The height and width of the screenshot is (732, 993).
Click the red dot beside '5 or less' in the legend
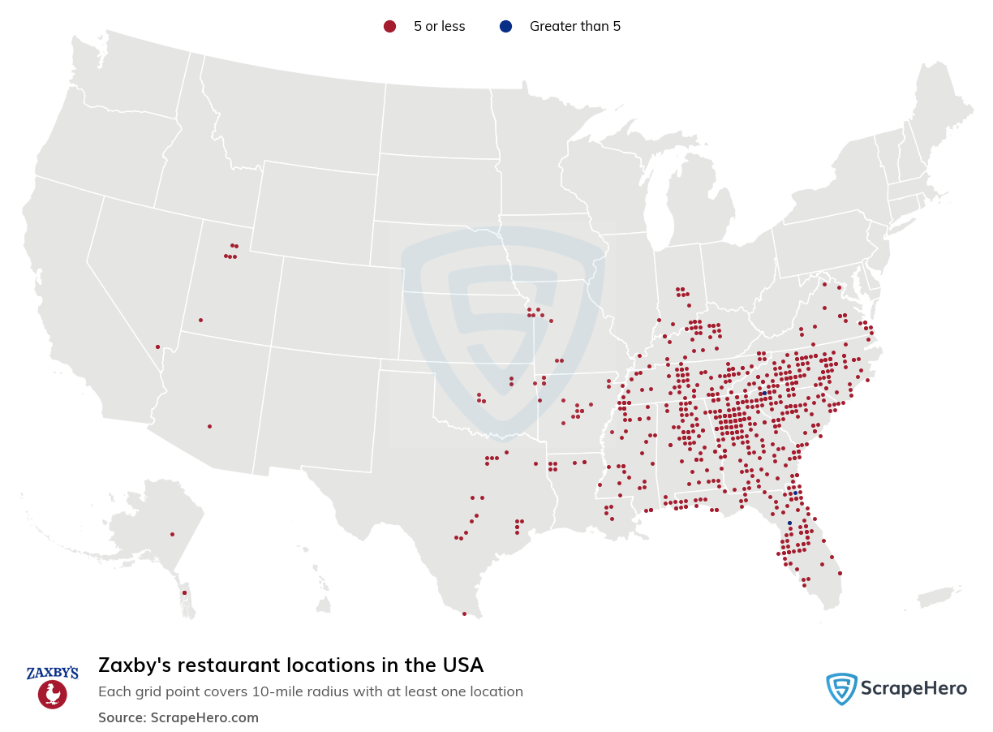point(389,27)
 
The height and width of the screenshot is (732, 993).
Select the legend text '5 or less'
point(439,27)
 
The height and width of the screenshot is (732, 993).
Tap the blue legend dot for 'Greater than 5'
point(506,27)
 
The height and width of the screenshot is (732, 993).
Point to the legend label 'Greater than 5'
point(574,27)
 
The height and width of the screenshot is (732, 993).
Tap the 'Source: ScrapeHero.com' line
point(178,717)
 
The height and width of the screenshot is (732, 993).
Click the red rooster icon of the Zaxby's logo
point(53,695)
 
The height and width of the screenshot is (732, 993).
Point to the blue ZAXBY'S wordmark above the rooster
point(53,673)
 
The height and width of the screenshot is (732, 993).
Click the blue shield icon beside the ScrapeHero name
point(841,689)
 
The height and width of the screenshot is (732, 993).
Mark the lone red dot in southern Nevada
point(157,347)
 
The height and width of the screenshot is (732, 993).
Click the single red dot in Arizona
point(209,426)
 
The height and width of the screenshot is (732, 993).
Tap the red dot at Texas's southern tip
point(464,614)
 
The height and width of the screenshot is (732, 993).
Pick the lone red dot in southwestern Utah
point(200,320)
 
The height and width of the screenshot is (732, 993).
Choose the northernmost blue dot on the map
point(764,393)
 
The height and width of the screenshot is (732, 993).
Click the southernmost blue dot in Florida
point(789,523)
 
